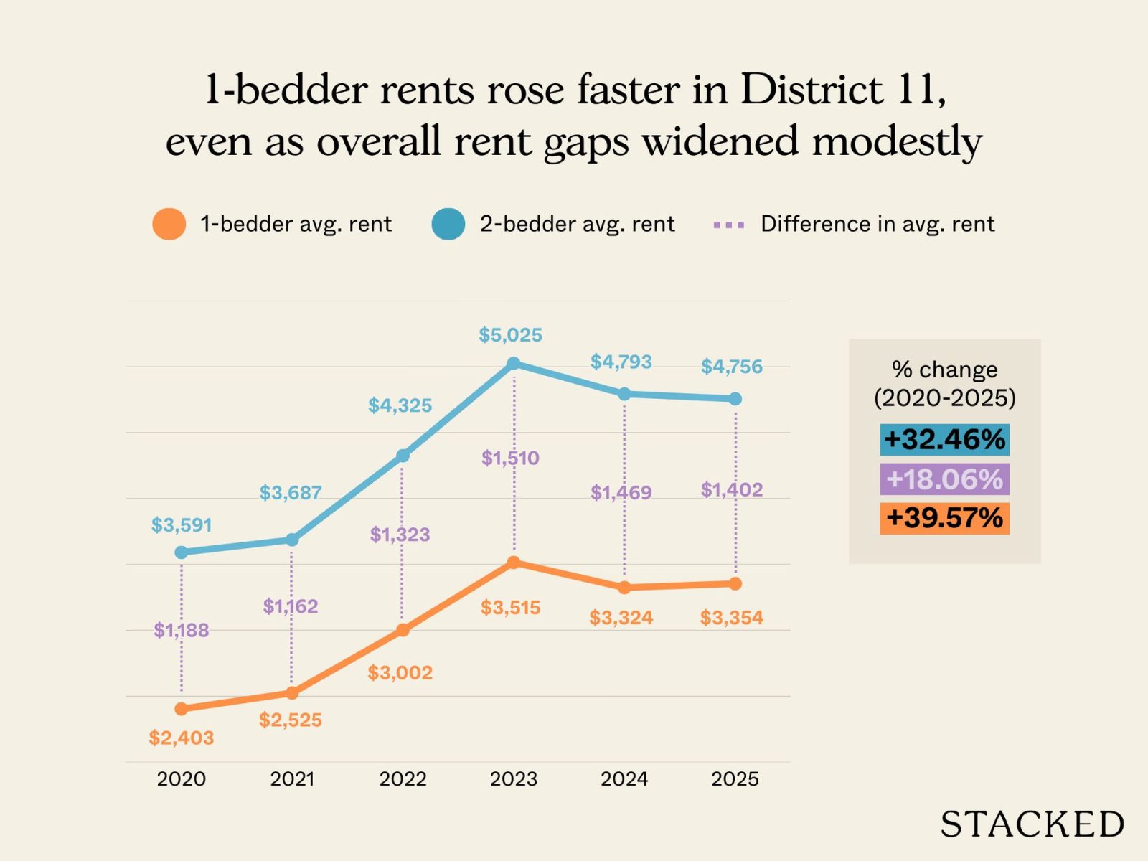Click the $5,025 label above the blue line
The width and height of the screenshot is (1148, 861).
pyautogui.click(x=510, y=335)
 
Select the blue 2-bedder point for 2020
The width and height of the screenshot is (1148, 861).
pyautogui.click(x=182, y=552)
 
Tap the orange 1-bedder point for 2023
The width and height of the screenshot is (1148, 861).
pyautogui.click(x=514, y=563)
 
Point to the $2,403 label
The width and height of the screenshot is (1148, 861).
pyautogui.click(x=182, y=738)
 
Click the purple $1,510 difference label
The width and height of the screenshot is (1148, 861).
pyautogui.click(x=510, y=458)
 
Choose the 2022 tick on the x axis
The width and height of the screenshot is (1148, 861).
pyautogui.click(x=403, y=778)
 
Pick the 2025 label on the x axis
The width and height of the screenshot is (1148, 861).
pyautogui.click(x=735, y=778)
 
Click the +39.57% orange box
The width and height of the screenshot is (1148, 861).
pyautogui.click(x=944, y=518)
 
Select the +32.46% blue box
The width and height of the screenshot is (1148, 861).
pyautogui.click(x=944, y=439)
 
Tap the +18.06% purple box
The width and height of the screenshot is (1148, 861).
pyautogui.click(x=944, y=479)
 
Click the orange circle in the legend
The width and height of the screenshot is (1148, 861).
pyautogui.click(x=169, y=224)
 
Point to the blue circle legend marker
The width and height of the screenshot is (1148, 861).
pyautogui.click(x=448, y=224)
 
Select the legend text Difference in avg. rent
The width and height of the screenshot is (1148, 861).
pyautogui.click(x=878, y=224)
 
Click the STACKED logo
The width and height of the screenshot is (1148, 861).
pyautogui.click(x=1032, y=824)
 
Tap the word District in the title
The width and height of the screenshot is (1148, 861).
pyautogui.click(x=811, y=90)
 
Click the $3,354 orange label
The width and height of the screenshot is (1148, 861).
pyautogui.click(x=732, y=617)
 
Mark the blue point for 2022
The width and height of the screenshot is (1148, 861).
pyautogui.click(x=403, y=456)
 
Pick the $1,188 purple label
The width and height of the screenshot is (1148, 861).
pyautogui.click(x=182, y=630)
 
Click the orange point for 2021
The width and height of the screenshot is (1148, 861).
pyautogui.click(x=292, y=692)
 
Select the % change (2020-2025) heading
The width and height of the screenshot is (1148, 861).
pyautogui.click(x=944, y=383)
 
